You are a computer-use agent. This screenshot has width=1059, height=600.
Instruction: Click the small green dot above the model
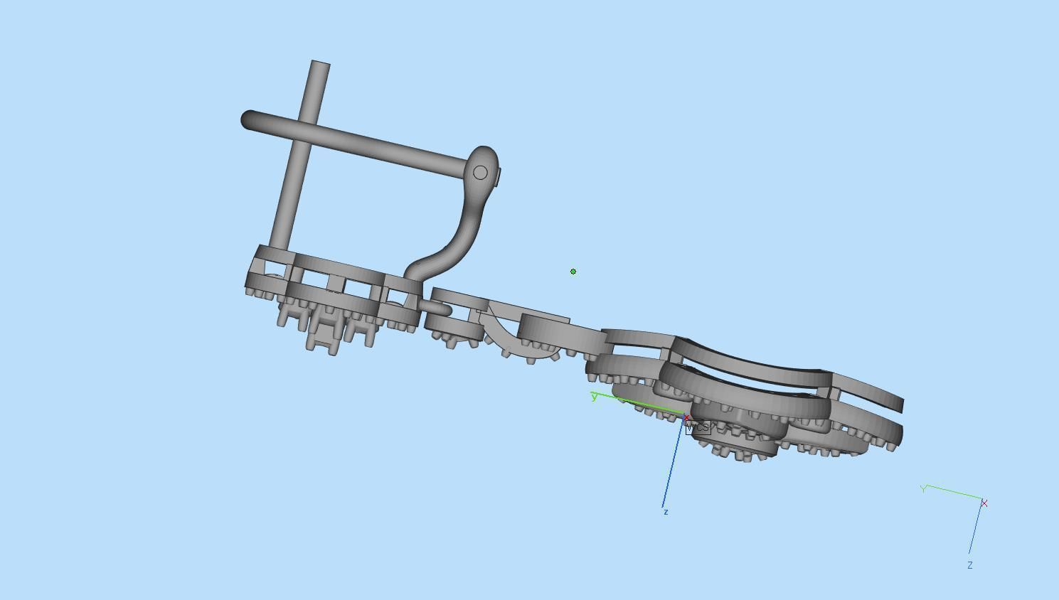(x=573, y=272)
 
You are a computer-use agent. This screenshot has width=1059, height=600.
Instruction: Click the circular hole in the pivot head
(x=480, y=173)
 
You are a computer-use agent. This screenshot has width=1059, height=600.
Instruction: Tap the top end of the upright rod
(x=320, y=65)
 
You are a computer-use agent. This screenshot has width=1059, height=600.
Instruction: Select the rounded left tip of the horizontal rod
(x=248, y=119)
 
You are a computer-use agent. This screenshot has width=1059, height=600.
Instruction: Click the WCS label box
(x=698, y=427)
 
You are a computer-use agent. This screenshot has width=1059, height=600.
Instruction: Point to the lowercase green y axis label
(x=594, y=397)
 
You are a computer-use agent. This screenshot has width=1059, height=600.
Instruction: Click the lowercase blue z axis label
(x=666, y=512)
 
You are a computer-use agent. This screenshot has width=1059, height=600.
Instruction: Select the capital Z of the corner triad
(x=969, y=565)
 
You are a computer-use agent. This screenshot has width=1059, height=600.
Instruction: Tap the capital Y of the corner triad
(x=923, y=489)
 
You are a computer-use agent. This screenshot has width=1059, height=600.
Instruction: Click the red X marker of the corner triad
(x=984, y=503)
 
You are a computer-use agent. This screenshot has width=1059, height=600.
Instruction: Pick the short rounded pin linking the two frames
(x=435, y=307)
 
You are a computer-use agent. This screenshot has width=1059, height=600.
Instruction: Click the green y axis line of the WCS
(x=640, y=405)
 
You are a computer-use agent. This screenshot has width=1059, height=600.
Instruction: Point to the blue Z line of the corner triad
(x=976, y=530)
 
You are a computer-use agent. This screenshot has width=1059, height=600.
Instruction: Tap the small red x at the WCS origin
(x=687, y=418)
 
